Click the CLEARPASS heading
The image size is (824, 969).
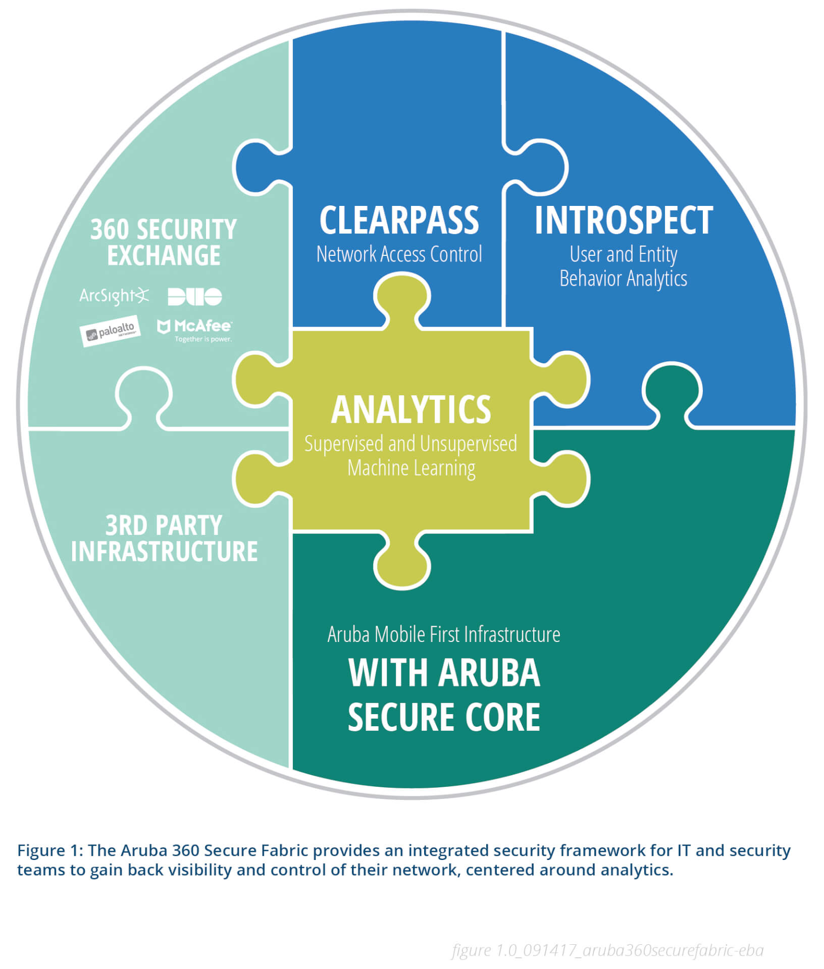point(399,221)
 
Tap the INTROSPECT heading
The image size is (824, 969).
point(623,221)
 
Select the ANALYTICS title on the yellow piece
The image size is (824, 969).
point(410,410)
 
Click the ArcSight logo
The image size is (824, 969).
point(114,296)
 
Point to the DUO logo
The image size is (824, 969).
point(194,297)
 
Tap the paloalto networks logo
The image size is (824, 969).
point(110,331)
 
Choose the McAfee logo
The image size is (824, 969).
point(195,327)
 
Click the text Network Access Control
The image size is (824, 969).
point(399,254)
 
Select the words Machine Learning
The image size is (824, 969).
point(411,468)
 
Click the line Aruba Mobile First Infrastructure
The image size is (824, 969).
point(443,634)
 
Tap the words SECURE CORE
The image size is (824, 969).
point(443,717)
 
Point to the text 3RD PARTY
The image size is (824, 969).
point(164,525)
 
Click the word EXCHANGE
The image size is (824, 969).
point(164,255)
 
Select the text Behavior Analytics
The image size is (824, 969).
point(623,279)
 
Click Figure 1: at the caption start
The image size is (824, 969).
point(49,850)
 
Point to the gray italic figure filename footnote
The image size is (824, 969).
point(607,950)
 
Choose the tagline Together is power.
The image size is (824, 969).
point(203,339)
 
